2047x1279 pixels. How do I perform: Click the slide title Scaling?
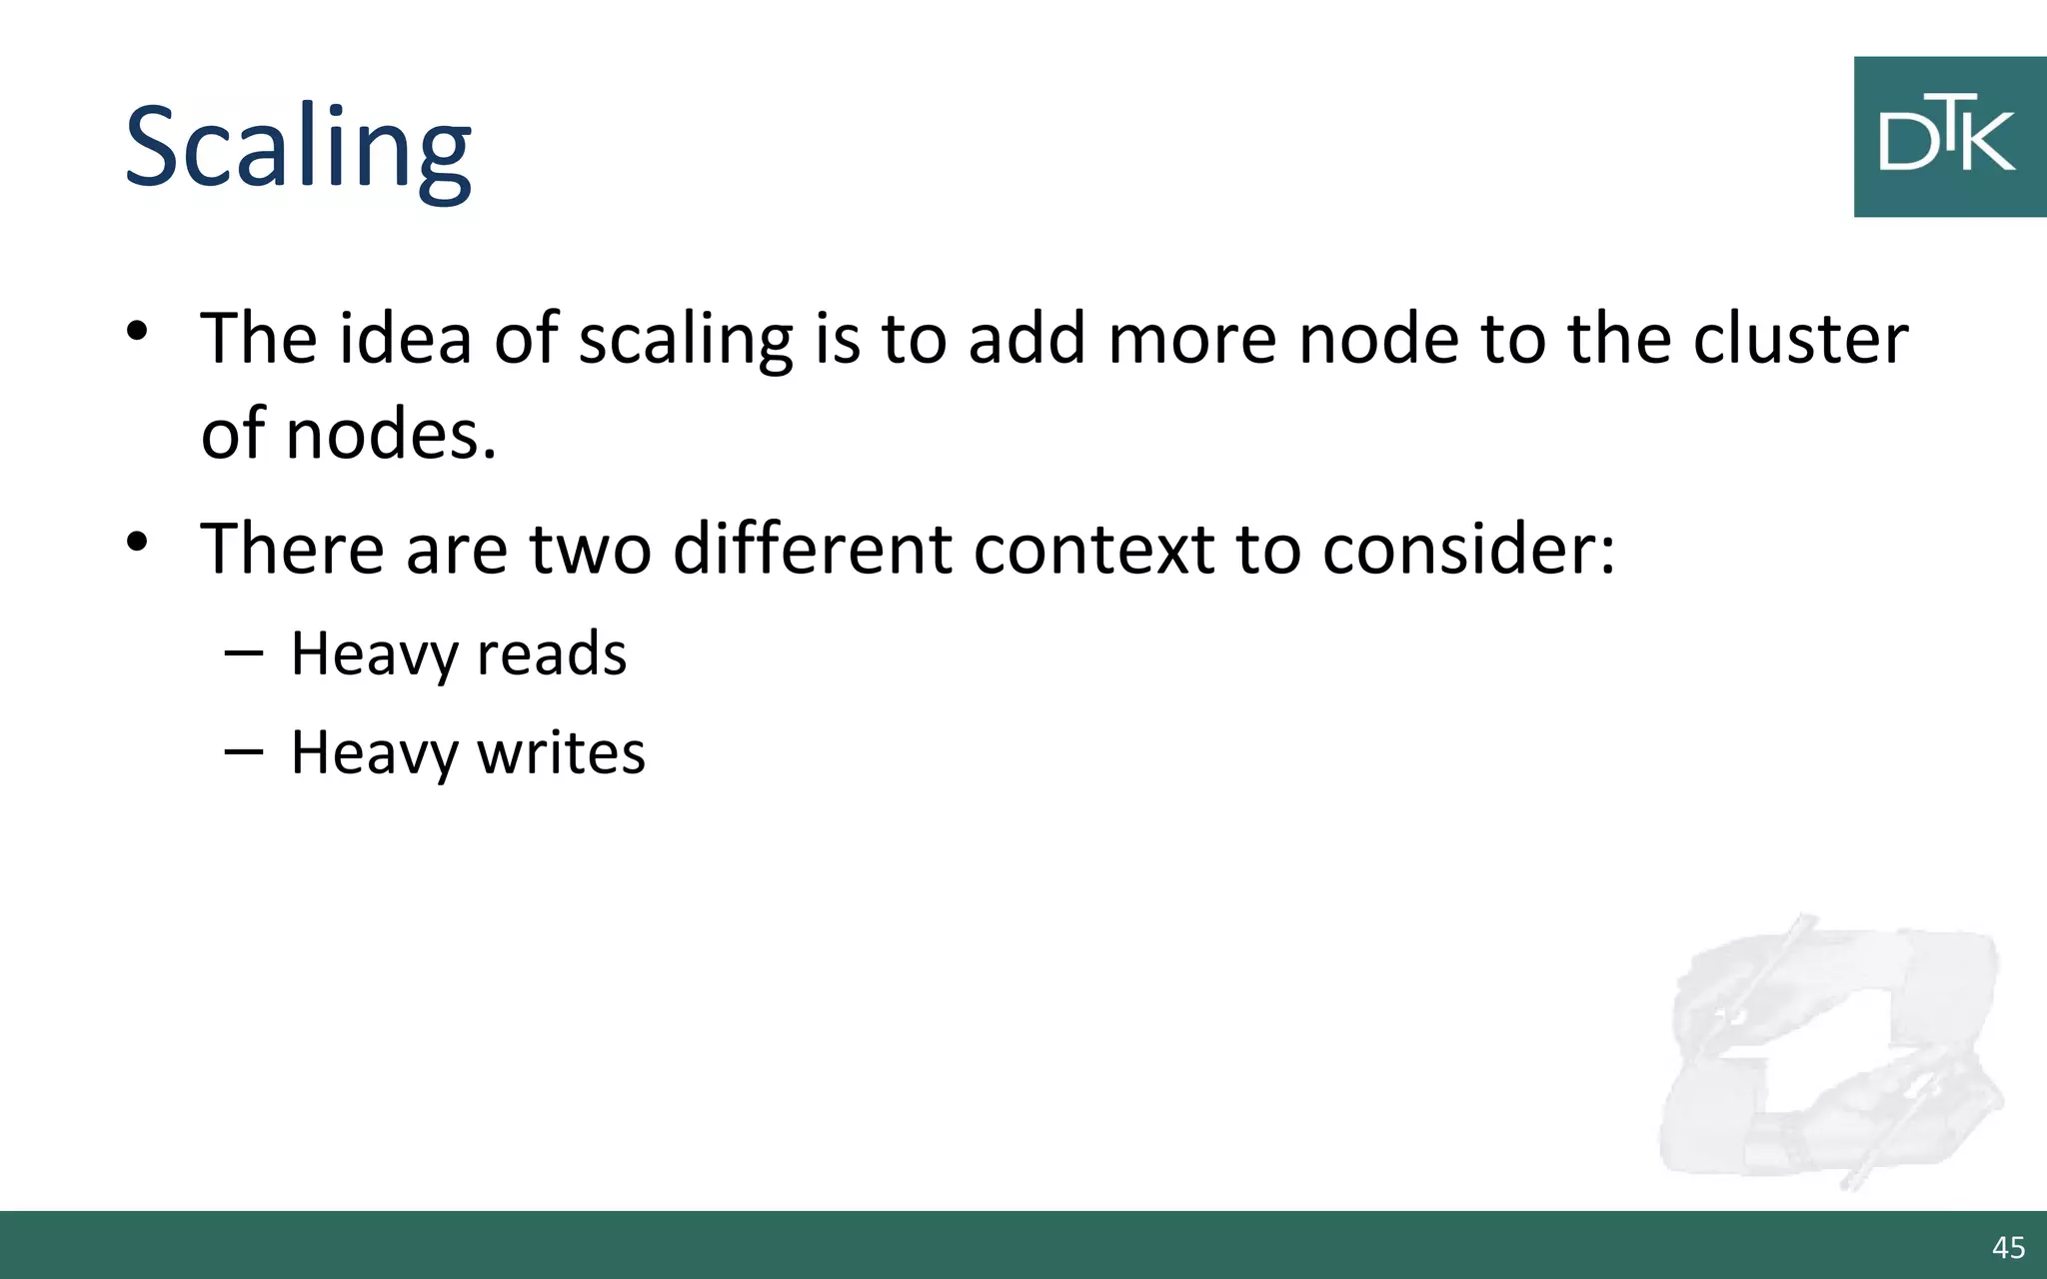coord(298,148)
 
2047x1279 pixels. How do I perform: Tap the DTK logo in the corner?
coord(1948,137)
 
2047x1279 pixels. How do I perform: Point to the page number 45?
coord(2008,1247)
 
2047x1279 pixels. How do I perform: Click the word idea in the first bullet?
coord(405,338)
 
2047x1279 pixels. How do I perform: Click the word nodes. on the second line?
coord(391,434)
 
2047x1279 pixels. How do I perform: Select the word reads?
coord(552,653)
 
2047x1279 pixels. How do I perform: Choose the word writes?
coord(561,751)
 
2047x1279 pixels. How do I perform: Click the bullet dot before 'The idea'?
coord(138,331)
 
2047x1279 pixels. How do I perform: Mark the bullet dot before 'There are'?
coord(138,542)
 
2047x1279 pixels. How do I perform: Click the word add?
coord(1026,338)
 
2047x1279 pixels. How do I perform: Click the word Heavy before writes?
coord(374,751)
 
